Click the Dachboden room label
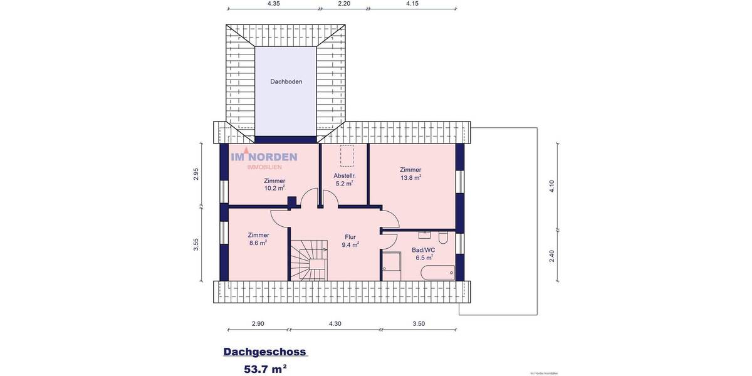click(x=286, y=81)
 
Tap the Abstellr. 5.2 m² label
click(x=344, y=179)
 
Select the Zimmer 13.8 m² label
click(x=410, y=174)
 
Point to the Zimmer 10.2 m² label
click(x=274, y=184)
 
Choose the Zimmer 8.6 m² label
click(x=258, y=239)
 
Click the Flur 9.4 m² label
click(x=350, y=241)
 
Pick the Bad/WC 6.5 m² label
click(x=424, y=253)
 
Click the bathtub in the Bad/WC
click(x=437, y=272)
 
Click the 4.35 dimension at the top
click(x=274, y=4)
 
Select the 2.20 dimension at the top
click(x=344, y=4)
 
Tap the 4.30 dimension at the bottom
click(x=335, y=324)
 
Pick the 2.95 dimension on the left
click(x=196, y=174)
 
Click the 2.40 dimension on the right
click(x=551, y=256)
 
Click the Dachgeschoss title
click(x=264, y=352)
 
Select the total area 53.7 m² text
click(x=265, y=368)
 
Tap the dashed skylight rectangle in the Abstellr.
click(x=346, y=155)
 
